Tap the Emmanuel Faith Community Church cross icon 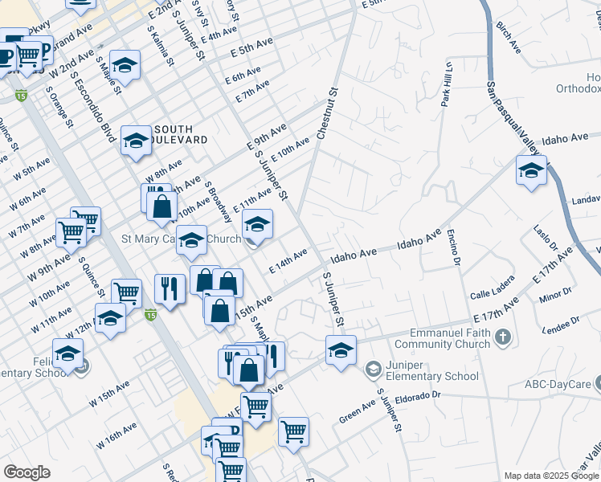503,337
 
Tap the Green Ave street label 358,413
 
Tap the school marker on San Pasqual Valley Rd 531,171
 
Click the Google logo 27,472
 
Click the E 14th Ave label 289,262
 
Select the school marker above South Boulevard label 125,65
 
